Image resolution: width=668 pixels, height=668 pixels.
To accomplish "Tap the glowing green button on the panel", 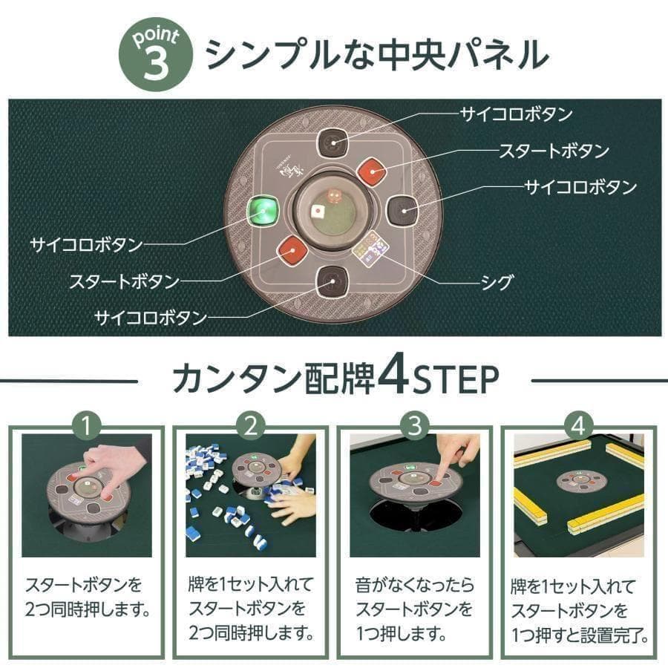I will click(263, 212).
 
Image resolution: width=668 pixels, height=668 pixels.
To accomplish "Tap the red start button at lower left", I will click(292, 252).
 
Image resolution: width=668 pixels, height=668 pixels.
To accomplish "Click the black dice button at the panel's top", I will click(333, 143).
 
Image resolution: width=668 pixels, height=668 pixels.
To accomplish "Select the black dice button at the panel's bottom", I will click(330, 282).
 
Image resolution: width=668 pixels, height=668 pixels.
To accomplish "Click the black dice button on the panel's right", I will click(403, 212).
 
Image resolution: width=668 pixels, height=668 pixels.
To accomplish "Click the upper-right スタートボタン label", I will click(553, 151).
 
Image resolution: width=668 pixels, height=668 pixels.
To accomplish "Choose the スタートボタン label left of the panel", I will click(124, 282).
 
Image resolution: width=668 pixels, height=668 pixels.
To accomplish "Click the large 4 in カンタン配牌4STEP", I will click(390, 378).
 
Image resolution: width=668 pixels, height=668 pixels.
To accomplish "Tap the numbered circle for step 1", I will click(88, 426).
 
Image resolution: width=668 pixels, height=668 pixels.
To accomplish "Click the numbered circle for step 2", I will click(251, 426).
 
